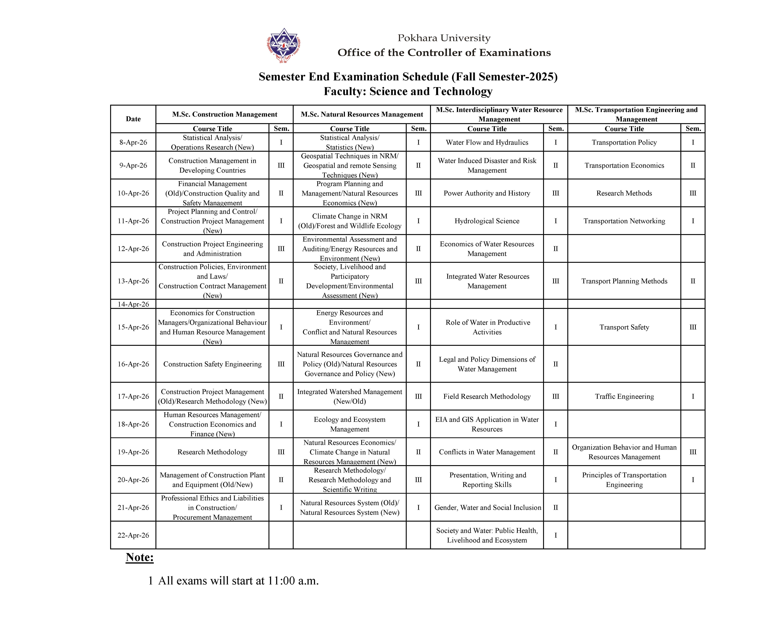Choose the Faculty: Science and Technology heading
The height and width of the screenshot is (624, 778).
(x=408, y=91)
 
